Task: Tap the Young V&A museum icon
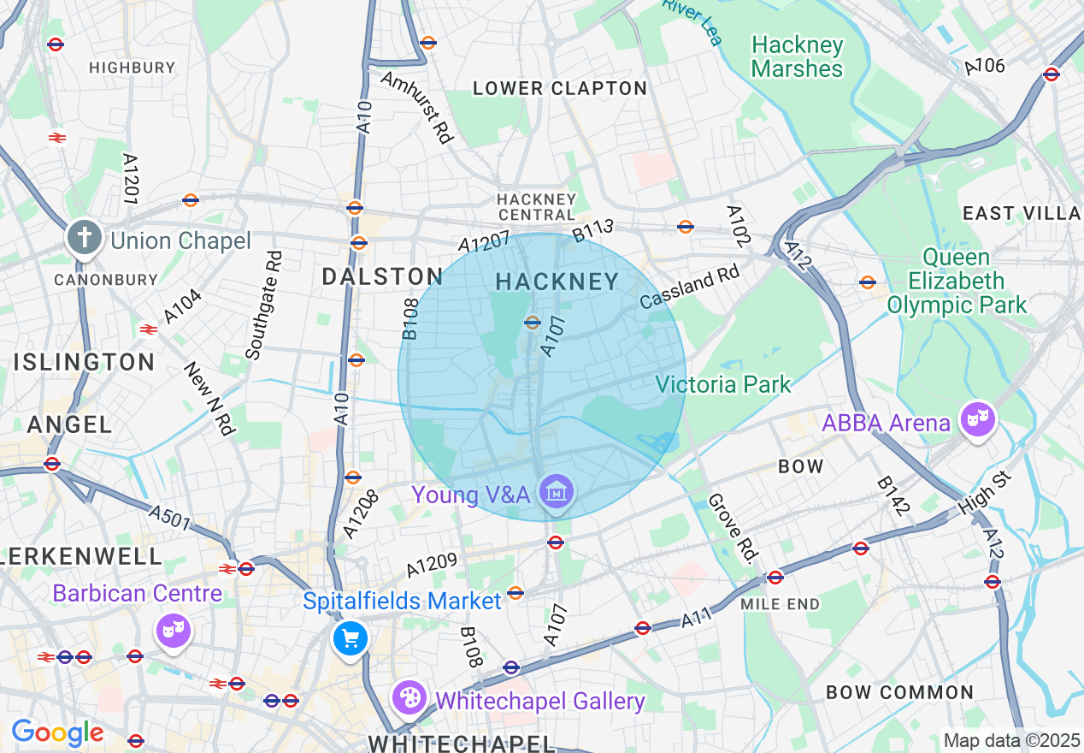(557, 493)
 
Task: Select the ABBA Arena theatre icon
(976, 420)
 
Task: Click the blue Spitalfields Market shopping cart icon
(350, 638)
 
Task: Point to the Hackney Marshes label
(797, 57)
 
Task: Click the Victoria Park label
(723, 384)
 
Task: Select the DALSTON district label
(382, 276)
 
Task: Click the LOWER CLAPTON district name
(560, 88)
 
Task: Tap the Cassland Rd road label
(689, 287)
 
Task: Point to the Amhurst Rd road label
(416, 107)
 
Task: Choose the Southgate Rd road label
(263, 305)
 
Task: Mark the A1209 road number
(433, 565)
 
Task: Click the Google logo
(57, 733)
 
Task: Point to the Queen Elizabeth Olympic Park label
(957, 281)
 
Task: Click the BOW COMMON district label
(899, 692)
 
